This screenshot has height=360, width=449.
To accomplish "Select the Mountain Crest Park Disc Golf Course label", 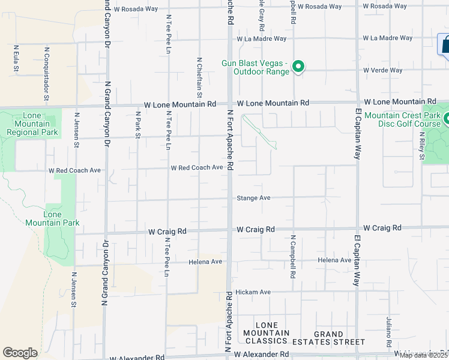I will click(x=402, y=120).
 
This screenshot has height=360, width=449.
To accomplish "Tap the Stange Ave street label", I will click(x=253, y=197).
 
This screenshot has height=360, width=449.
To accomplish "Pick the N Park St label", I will click(x=137, y=125).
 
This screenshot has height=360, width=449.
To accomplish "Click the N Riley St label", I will click(x=423, y=147).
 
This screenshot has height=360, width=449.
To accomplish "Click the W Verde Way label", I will click(x=382, y=70).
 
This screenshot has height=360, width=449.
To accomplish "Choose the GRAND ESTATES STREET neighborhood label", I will click(x=337, y=338).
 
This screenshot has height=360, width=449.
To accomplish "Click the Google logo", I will click(x=20, y=353).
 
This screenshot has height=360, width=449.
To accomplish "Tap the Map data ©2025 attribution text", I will click(x=423, y=355).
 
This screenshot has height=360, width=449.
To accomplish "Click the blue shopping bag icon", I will click(x=445, y=44).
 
